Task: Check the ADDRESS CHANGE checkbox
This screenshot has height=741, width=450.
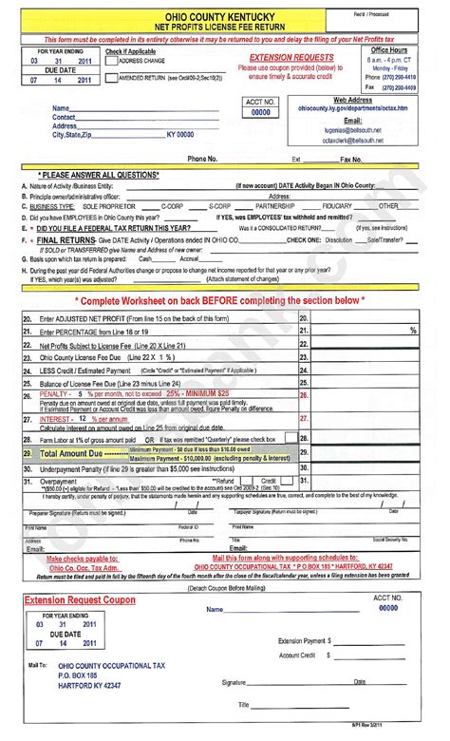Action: pos(110,61)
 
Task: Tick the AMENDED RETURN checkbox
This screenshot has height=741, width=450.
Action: pos(110,77)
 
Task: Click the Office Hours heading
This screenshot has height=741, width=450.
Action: pos(392,48)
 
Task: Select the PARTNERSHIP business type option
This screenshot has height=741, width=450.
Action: pos(275,205)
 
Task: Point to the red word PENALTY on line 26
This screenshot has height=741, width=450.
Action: pos(56,392)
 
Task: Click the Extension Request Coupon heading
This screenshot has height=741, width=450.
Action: pos(76,601)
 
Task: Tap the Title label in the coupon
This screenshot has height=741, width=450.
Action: pos(244,704)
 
